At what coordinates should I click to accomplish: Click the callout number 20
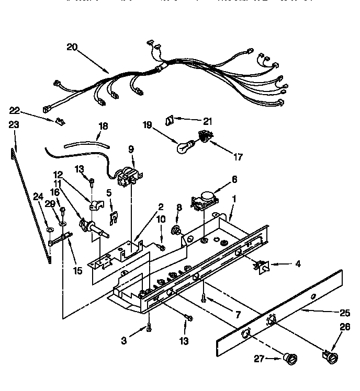[x=72, y=47]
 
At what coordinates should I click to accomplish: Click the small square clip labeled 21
[x=170, y=120]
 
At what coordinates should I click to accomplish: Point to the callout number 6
[x=233, y=179]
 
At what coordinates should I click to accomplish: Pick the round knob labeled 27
[x=289, y=359]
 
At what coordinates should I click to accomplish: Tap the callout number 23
[x=14, y=125]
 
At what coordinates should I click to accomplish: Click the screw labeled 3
[x=150, y=327]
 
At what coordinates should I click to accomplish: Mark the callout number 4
[x=297, y=264]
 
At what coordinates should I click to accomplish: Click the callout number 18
[x=103, y=125]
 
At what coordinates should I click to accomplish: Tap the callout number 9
[x=130, y=149]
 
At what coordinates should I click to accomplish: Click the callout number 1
[x=234, y=199]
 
